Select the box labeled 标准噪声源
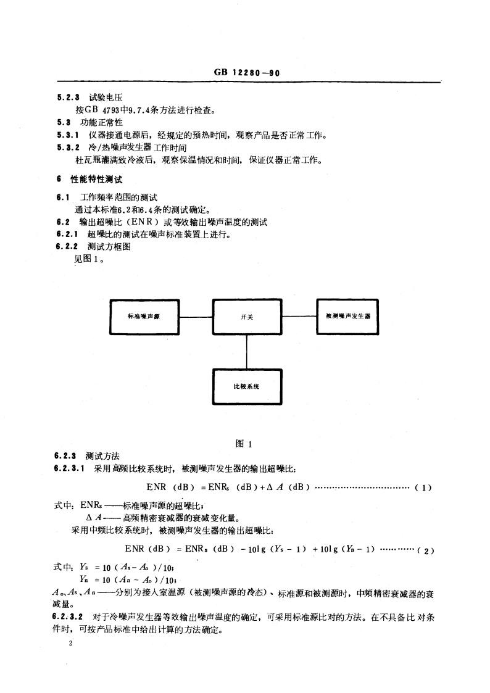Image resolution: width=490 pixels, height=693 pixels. (x=144, y=317)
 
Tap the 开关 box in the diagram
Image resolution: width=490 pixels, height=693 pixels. (x=247, y=317)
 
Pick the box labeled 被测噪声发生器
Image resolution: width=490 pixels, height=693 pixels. (x=347, y=317)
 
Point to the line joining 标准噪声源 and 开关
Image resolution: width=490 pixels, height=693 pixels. (x=195, y=317)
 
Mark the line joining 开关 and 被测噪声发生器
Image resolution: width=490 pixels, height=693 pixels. (x=299, y=317)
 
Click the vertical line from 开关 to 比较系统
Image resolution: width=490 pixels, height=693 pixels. (x=247, y=352)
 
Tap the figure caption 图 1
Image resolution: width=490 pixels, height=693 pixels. (x=246, y=443)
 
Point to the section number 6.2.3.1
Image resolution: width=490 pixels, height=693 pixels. (x=69, y=468)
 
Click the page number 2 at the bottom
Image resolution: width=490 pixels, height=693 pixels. (x=72, y=644)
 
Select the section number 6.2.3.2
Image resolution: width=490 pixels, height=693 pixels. (x=69, y=615)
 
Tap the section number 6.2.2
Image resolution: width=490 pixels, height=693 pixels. (x=65, y=246)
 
